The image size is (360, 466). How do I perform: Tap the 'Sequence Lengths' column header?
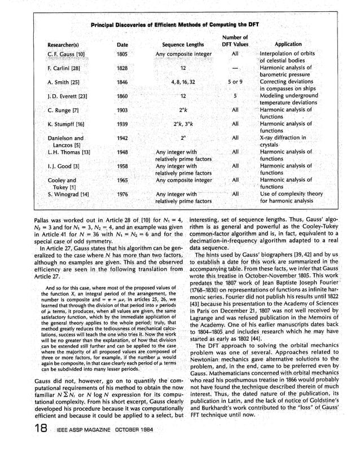183,44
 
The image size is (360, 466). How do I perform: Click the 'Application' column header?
288,44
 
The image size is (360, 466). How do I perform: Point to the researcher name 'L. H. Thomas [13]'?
60,152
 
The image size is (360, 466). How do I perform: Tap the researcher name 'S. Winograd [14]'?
60,194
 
